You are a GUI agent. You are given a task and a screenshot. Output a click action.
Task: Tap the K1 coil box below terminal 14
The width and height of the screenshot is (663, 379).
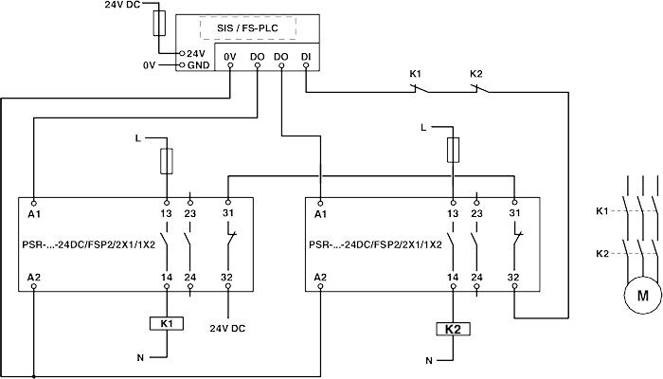point(167,323)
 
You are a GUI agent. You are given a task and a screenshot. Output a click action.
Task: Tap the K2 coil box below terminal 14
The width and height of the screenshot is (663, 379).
point(453,330)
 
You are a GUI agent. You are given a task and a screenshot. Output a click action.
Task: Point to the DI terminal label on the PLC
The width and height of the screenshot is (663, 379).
point(304,56)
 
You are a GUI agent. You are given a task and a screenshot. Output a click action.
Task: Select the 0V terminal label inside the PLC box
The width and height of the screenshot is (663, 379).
point(231,56)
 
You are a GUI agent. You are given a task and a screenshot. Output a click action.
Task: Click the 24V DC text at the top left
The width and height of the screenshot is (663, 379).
point(120,5)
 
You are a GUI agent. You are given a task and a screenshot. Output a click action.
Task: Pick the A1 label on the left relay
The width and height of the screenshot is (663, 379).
point(35,215)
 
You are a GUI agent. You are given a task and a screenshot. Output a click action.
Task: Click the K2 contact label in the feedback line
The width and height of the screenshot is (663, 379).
point(476,73)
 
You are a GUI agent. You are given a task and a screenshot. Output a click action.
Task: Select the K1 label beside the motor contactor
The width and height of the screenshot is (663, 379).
point(601,210)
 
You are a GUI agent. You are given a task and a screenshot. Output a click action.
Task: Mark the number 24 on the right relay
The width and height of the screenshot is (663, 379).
point(476,277)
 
